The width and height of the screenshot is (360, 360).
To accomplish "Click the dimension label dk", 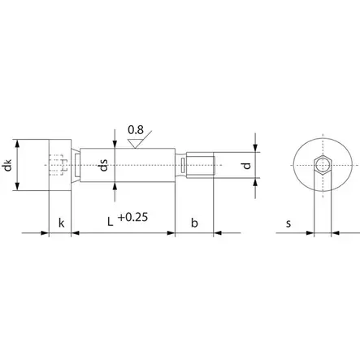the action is pos(9,165).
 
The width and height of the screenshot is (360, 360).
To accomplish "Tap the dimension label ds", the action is pos(104,165).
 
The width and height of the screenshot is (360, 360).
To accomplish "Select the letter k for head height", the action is pos(62,223).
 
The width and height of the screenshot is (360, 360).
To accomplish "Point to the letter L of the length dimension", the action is pos(110,222).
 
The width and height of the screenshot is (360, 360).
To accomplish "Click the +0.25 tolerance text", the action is pos(133,217).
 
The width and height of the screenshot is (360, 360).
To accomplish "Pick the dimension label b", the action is pos(194,223).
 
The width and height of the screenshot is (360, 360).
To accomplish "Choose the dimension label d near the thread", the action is pos(247,165).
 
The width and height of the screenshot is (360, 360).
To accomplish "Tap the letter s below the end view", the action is pos(288,223).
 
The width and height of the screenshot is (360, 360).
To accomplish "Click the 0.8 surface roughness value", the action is pos(136,130).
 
